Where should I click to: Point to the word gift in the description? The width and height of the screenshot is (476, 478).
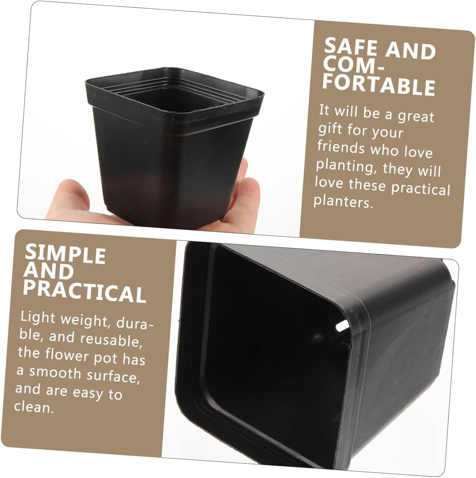tap(330, 129)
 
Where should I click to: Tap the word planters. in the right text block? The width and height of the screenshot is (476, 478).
tap(343, 202)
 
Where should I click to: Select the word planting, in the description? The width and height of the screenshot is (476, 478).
tap(345, 166)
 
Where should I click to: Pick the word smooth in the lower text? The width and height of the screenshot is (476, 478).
tap(55, 373)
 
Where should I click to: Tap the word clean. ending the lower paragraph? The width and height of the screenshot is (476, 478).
tap(34, 407)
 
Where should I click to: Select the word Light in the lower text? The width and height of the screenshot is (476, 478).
tap(38, 318)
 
